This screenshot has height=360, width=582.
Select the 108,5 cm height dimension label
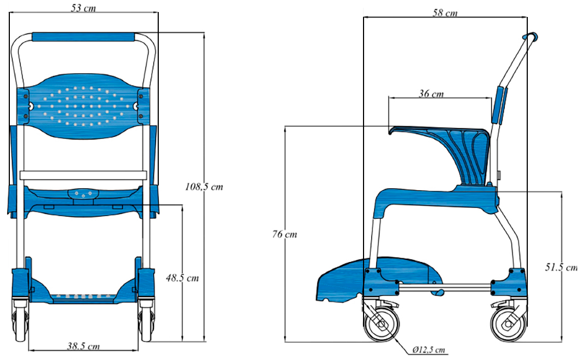point(204,187)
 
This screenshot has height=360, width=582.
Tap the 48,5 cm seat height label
point(182,277)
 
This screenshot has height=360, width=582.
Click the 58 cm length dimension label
point(445,13)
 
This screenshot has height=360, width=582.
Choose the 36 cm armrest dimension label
point(431,94)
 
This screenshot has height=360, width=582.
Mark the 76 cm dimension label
point(285,234)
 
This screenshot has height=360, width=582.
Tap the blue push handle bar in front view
point(84,37)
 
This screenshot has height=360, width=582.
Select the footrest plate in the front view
point(84,295)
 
